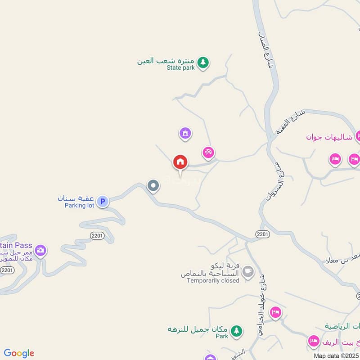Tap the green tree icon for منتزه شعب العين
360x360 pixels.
tap(203, 63)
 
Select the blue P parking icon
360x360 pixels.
tap(103, 202)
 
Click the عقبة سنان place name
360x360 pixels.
tap(75, 198)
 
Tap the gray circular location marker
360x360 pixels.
tap(153, 185)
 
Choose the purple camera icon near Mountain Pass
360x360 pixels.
tap(40, 250)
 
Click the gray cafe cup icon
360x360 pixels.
tap(247, 271)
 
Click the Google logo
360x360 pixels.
tap(19, 353)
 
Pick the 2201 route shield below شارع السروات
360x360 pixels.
tap(263, 234)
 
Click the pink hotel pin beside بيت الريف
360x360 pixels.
tap(313, 341)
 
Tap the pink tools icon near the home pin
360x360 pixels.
tap(208, 152)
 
